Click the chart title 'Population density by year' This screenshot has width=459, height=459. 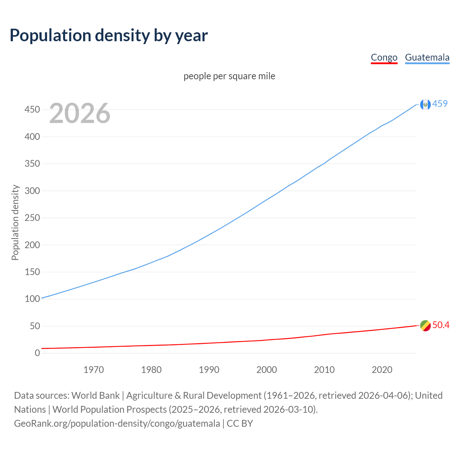(109, 35)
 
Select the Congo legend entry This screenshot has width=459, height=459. (384, 57)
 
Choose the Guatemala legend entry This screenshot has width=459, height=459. (427, 57)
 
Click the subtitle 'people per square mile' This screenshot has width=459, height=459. (229, 76)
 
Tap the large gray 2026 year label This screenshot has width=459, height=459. (80, 113)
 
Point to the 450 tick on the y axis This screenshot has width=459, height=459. (32, 109)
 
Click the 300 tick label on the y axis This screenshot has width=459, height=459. (32, 191)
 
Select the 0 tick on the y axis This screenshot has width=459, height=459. (37, 353)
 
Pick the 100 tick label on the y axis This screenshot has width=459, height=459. (32, 299)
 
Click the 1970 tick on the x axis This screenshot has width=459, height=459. (94, 370)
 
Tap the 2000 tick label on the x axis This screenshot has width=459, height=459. (266, 370)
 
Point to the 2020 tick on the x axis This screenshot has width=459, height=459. (382, 370)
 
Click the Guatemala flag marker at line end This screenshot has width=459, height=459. (425, 104)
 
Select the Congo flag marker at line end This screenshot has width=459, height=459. (425, 326)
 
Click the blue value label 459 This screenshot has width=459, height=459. (440, 104)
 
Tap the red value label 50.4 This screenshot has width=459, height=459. (441, 325)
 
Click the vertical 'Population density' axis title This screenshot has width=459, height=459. (15, 222)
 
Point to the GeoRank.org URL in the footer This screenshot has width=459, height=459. (117, 423)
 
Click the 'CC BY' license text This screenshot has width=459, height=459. (240, 423)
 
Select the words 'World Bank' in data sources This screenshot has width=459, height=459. (95, 396)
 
